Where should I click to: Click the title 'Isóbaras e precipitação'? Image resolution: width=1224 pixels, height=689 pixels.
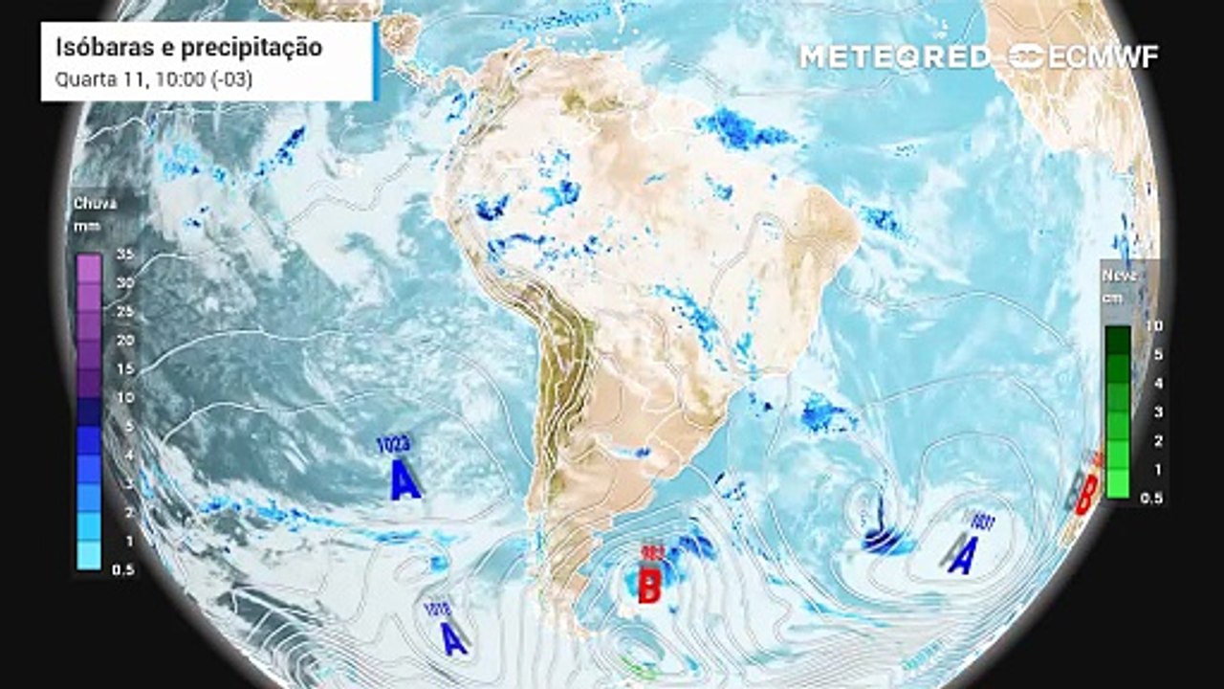[188, 48]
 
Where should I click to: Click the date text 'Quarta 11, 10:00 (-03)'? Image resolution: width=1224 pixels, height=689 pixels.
[153, 79]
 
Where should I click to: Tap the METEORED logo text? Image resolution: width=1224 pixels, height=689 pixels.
[895, 56]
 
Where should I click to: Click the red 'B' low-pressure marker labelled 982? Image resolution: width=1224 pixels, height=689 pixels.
[649, 586]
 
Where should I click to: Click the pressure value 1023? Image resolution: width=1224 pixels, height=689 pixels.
[392, 445]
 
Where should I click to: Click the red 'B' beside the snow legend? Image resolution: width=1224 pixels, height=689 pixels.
[1085, 495]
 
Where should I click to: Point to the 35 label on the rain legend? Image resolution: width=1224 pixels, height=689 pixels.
[122, 255]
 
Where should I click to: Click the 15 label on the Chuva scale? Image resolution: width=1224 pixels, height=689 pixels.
[122, 368]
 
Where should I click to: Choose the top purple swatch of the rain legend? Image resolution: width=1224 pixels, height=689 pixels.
[89, 269]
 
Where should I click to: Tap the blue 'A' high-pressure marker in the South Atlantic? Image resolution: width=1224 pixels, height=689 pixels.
[963, 555]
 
